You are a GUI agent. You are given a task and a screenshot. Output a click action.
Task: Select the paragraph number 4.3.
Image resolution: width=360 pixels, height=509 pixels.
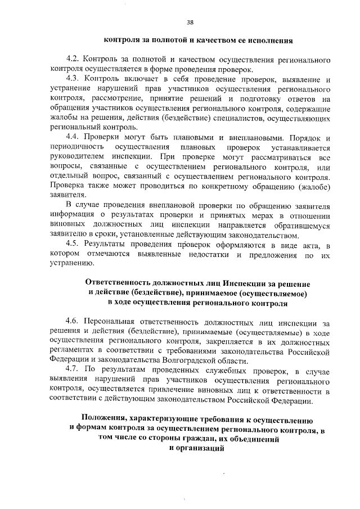click(x=73, y=79)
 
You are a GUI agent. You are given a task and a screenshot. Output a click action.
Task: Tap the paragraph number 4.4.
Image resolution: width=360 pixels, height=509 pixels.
click(x=73, y=137)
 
